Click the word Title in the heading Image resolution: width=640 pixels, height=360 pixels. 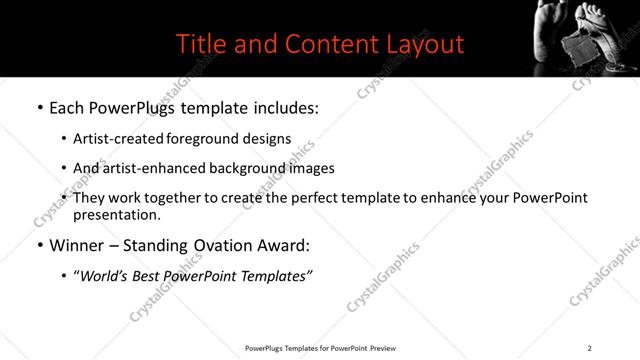click(x=200, y=44)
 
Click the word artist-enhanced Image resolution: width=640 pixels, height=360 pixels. click(x=152, y=169)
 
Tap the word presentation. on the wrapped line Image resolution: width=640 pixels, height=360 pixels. click(x=115, y=215)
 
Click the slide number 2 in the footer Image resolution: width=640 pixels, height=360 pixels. click(x=589, y=348)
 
